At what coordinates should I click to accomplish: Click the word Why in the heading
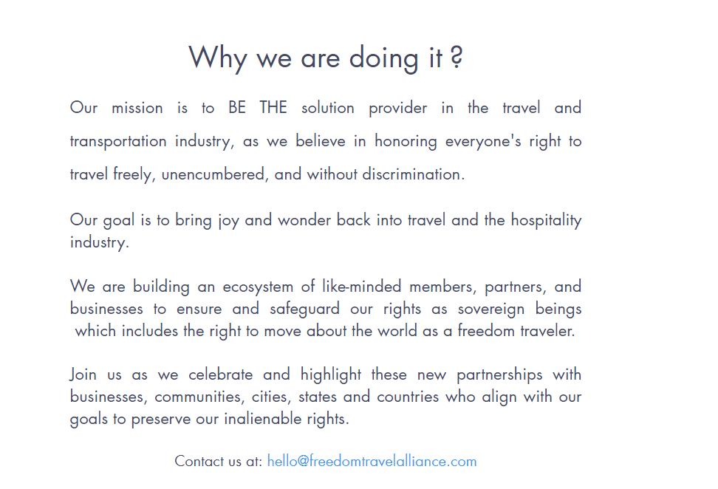218,58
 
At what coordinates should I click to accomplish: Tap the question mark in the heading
456,57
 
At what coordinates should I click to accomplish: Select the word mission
137,108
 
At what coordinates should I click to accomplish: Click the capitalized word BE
237,108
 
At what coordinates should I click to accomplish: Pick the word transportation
118,142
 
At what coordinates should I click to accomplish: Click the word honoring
406,142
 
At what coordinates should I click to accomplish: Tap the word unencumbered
213,175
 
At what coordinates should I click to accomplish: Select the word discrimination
414,174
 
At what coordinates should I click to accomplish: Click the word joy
228,221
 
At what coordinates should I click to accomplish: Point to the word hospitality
547,221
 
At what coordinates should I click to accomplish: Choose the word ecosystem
258,287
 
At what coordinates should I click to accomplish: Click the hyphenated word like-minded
362,287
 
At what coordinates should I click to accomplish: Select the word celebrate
221,375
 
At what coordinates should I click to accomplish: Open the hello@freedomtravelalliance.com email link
372,461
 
